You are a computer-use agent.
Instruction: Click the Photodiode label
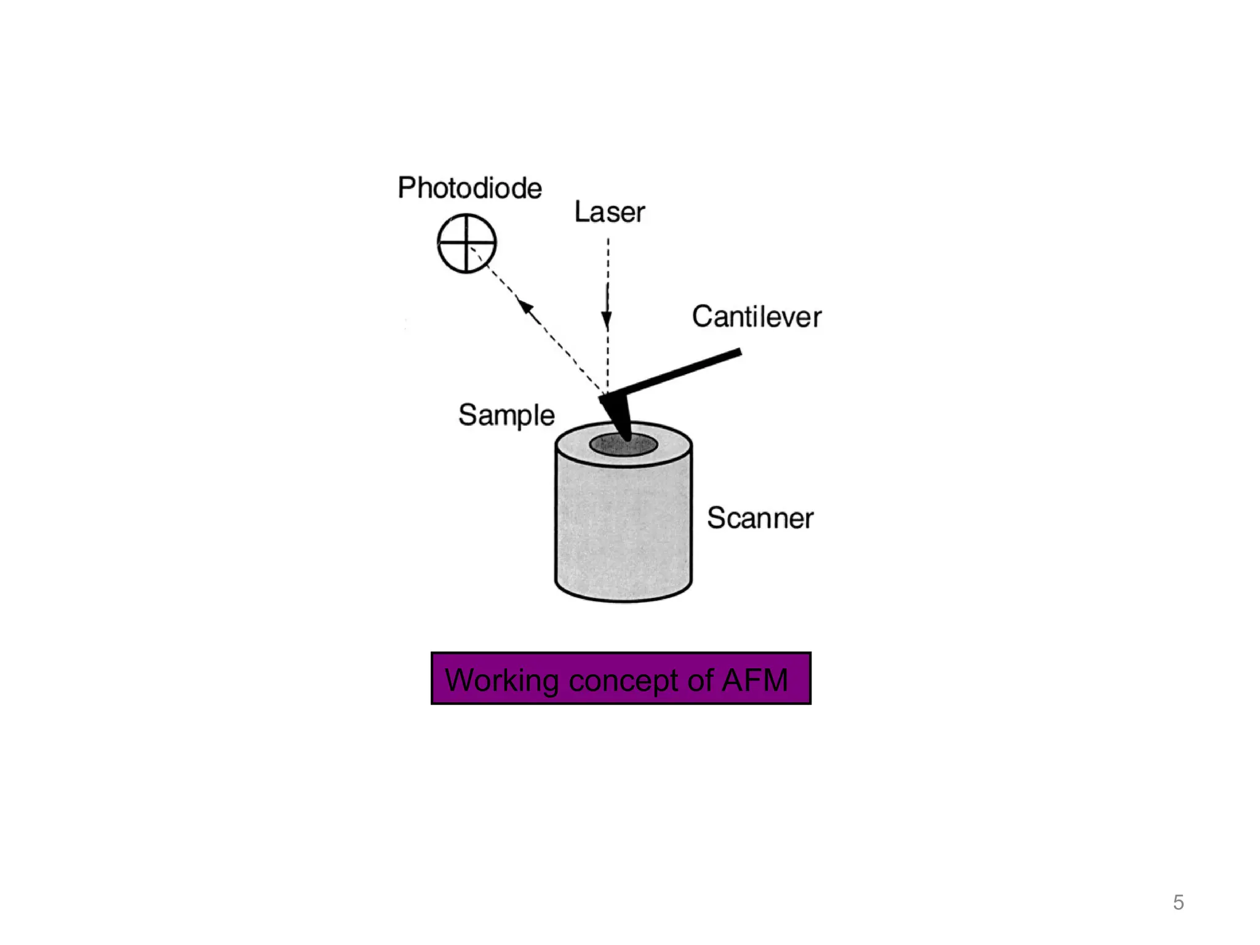pyautogui.click(x=469, y=188)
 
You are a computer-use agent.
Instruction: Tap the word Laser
pyautogui.click(x=609, y=212)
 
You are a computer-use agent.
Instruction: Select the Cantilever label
pyautogui.click(x=756, y=317)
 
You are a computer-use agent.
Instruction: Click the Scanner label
pyautogui.click(x=760, y=518)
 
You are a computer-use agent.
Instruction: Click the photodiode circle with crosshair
pyautogui.click(x=466, y=243)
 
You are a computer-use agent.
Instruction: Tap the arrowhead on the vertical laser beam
pyautogui.click(x=607, y=321)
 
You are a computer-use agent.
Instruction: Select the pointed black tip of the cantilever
pyautogui.click(x=624, y=434)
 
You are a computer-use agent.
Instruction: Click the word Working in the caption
pyautogui.click(x=501, y=680)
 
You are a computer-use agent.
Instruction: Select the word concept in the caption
pyautogui.click(x=624, y=680)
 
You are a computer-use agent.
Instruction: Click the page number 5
pyautogui.click(x=1178, y=903)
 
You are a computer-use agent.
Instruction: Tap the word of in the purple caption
pyautogui.click(x=701, y=680)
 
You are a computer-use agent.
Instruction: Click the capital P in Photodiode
pyautogui.click(x=405, y=188)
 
